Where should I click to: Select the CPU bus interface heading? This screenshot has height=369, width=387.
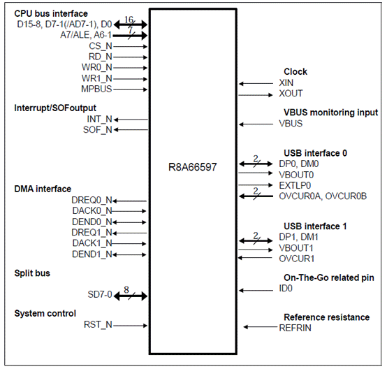(51, 13)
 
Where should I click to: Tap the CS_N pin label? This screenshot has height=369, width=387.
(100, 46)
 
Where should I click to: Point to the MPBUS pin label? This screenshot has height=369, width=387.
(96, 89)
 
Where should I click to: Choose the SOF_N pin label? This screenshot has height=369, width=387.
(96, 129)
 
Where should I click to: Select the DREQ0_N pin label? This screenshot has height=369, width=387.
(92, 200)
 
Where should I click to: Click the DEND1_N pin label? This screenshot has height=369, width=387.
(92, 254)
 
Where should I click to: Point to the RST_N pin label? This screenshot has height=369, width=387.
(98, 324)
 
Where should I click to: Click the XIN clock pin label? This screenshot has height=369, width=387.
(286, 82)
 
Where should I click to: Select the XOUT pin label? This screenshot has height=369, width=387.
(291, 94)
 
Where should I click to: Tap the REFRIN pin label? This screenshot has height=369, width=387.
(295, 328)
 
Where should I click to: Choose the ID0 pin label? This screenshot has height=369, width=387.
(286, 289)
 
